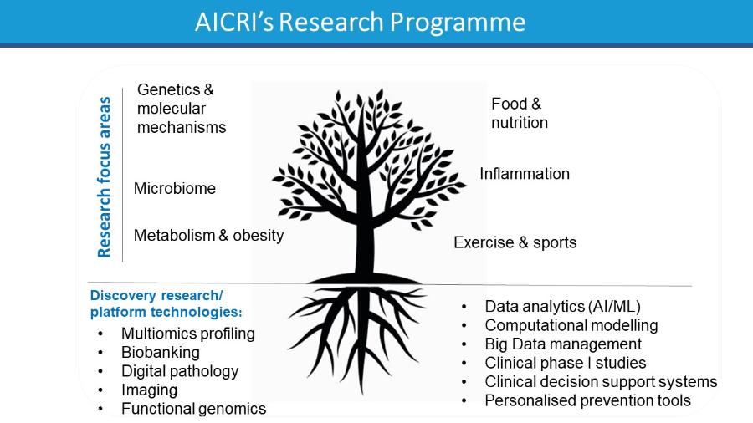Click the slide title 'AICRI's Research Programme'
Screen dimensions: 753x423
[x=360, y=22]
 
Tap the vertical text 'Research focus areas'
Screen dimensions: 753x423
[x=105, y=177]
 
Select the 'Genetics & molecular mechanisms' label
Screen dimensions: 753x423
[x=182, y=109]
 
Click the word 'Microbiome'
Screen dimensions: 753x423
[x=175, y=188]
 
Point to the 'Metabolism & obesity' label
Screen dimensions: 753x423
[x=209, y=236]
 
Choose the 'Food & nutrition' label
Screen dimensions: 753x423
[x=520, y=113]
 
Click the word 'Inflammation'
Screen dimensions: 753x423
[x=525, y=174]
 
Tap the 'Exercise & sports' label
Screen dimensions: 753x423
[x=515, y=242]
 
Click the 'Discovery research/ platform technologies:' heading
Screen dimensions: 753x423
[x=166, y=303]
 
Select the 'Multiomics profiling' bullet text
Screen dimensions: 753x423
[x=188, y=334]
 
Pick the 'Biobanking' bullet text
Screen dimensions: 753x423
[x=161, y=353]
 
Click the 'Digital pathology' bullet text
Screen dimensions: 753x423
[x=180, y=371]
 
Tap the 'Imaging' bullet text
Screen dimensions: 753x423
[x=150, y=390]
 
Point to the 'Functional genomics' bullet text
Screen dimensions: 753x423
[x=193, y=409]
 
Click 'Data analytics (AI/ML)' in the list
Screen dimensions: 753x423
[x=563, y=307]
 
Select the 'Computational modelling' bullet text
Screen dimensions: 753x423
[x=571, y=325]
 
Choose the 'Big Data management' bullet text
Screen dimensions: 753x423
[x=563, y=344]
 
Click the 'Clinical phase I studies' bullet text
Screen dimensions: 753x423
[x=566, y=363]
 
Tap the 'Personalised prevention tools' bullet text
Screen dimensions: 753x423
[x=588, y=400]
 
